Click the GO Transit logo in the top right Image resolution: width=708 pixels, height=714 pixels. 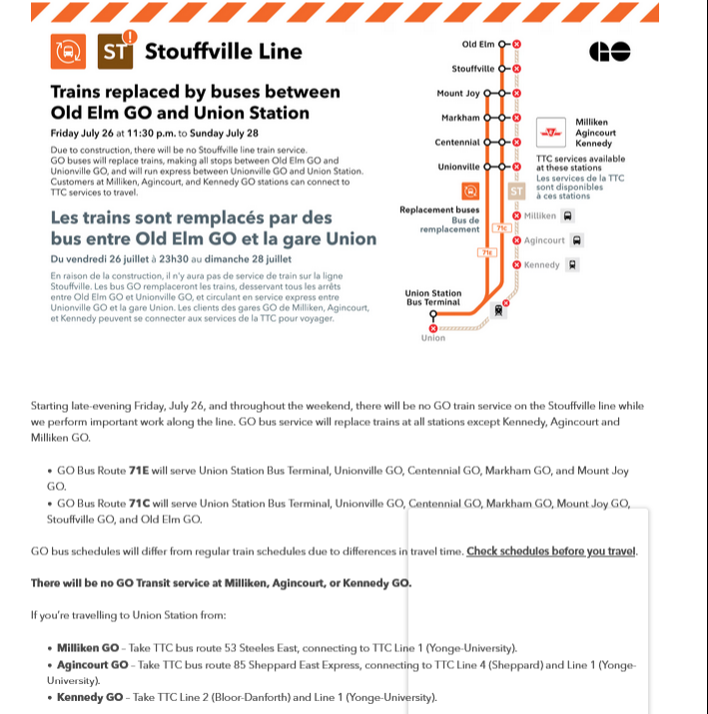[x=608, y=52]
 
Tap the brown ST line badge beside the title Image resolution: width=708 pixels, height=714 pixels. [x=115, y=52]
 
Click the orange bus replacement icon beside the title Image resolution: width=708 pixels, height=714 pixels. [x=68, y=52]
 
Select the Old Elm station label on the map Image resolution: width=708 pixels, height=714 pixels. [x=478, y=45]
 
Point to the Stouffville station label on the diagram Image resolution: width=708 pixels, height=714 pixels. [x=472, y=69]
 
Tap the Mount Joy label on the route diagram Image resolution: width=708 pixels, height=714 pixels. [x=457, y=93]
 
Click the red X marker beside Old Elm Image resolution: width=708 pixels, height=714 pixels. [x=516, y=45]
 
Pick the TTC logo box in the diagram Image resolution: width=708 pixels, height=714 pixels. [x=549, y=132]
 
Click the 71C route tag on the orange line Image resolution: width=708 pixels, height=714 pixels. [x=502, y=228]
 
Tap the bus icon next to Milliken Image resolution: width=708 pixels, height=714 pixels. [x=568, y=215]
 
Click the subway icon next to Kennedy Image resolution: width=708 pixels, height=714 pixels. [x=572, y=265]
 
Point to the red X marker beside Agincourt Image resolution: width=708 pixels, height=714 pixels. [x=516, y=240]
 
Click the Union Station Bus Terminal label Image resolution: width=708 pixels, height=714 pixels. [x=432, y=297]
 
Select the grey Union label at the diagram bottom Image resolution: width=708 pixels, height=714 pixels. [x=433, y=338]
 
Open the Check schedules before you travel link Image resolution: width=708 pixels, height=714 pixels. [x=551, y=550]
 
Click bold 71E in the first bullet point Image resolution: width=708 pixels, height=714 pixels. [x=137, y=470]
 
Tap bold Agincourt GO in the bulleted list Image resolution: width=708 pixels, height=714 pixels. [x=93, y=664]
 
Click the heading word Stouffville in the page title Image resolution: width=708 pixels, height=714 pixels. [x=205, y=52]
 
